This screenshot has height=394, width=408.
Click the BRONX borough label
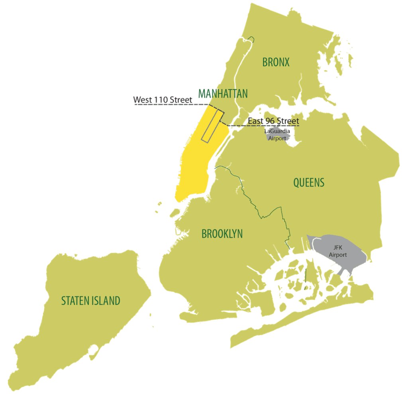click(x=276, y=62)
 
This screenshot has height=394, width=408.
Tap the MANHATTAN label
click(x=223, y=94)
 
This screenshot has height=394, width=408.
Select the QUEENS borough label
click(x=309, y=183)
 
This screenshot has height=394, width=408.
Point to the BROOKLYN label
click(x=222, y=234)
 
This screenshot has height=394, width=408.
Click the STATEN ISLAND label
click(x=90, y=301)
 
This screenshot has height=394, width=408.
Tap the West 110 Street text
click(x=163, y=100)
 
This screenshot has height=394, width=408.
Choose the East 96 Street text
click(x=273, y=120)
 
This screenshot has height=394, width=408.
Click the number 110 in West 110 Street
click(x=161, y=100)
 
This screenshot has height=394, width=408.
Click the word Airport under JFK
click(x=338, y=255)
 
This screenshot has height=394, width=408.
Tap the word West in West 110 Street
click(x=142, y=100)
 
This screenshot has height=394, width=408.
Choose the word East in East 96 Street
click(x=257, y=120)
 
